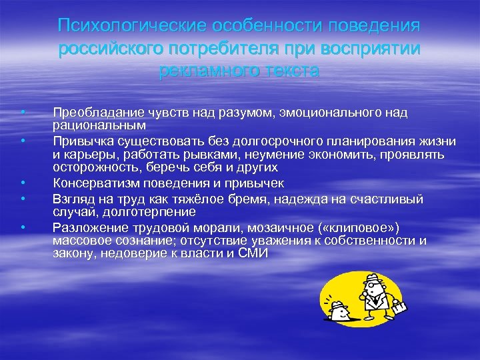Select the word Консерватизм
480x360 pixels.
point(94,182)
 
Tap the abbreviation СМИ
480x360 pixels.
point(252,253)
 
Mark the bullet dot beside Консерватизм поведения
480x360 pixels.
point(23,182)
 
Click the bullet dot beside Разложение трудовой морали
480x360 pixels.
point(23,228)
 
